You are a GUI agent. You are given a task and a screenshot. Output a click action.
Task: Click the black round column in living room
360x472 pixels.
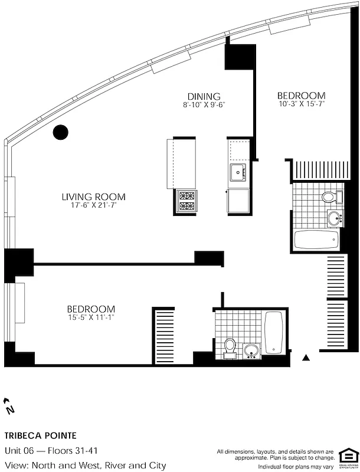pos(61,132)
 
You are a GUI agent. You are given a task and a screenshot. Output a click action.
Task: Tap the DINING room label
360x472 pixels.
pos(204,96)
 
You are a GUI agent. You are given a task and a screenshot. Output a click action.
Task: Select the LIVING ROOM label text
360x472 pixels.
pos(94,197)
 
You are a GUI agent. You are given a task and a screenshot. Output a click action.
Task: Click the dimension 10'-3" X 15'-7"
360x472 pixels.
pos(301,104)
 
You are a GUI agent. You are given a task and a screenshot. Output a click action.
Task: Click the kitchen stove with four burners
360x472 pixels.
pos(186,201)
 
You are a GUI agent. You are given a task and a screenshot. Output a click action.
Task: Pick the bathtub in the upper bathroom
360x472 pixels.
pos(317,240)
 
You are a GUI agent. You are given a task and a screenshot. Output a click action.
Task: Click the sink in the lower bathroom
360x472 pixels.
pos(252,350)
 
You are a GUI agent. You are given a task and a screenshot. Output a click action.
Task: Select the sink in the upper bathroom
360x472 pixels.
pos(335,218)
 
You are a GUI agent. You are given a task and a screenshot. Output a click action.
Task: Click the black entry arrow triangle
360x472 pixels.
pos(306,358)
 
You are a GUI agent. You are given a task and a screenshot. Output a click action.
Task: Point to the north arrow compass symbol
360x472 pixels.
pos(9,406)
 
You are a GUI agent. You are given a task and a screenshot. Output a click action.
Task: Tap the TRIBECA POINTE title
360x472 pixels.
pos(40,436)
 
